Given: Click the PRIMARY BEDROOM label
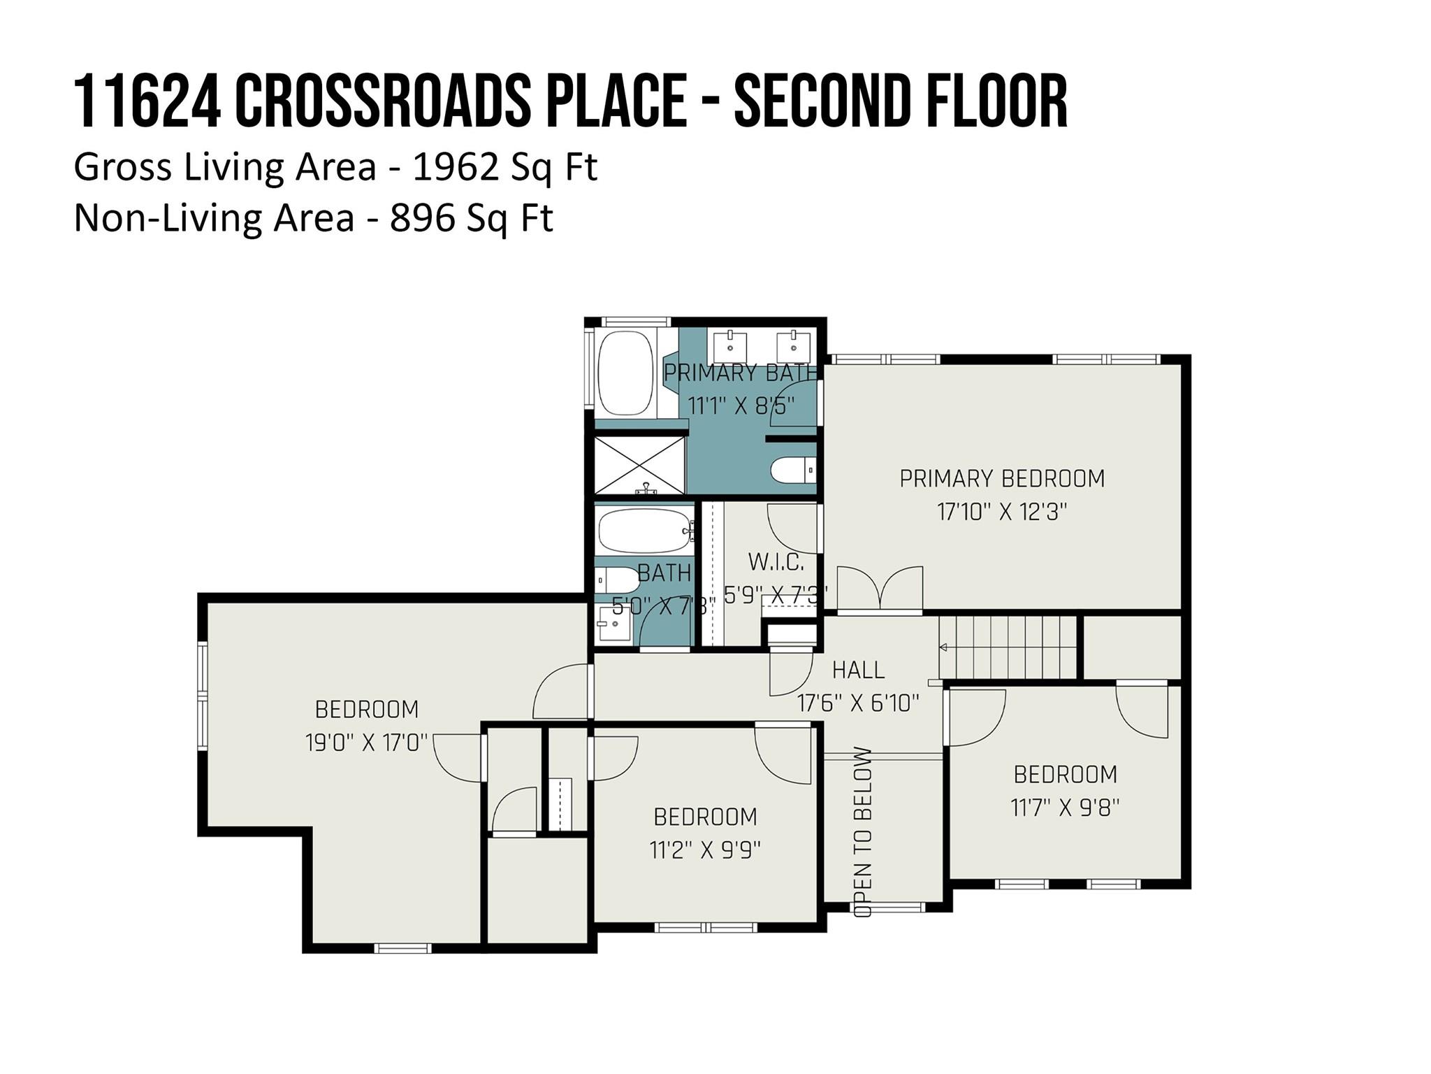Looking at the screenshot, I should click(x=1001, y=479).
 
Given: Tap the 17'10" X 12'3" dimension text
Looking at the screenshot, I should click(x=1001, y=513).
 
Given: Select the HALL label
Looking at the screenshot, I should click(x=858, y=670).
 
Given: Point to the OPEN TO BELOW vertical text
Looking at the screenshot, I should click(x=863, y=832).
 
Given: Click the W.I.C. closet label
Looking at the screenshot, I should click(x=776, y=561).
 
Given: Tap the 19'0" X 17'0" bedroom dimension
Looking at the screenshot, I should click(x=366, y=743).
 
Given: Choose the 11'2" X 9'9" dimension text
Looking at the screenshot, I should click(x=705, y=850).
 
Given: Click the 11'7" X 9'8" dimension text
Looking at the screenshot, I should click(x=1065, y=808).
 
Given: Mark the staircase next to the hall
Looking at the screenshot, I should click(x=1008, y=647).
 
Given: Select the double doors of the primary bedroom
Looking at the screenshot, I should click(x=880, y=589).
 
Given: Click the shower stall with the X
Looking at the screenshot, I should click(x=639, y=466).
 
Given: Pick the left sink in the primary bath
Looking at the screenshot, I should click(x=730, y=344).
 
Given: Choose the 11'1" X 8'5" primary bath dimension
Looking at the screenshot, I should click(x=741, y=406).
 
